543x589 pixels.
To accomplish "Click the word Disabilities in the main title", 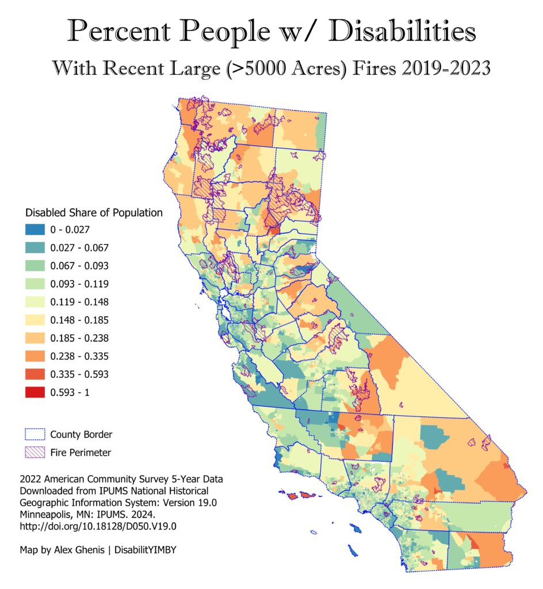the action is (x=402, y=31).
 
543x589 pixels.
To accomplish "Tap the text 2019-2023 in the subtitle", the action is (x=446, y=68).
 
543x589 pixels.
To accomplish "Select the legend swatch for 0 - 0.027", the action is (x=35, y=230).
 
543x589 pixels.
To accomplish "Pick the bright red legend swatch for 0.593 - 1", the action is (x=35, y=392).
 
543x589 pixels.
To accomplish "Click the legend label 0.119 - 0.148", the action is (x=79, y=302).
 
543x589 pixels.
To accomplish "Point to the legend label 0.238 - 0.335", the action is (x=79, y=356).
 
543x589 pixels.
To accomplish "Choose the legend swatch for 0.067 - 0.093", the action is (x=35, y=266).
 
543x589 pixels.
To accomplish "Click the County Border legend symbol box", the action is (x=35, y=434).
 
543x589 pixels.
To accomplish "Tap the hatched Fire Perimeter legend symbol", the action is (x=35, y=452).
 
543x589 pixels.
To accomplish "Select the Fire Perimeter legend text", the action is (x=81, y=452).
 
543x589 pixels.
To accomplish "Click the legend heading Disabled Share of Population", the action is (x=94, y=213).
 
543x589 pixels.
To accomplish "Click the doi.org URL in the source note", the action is (x=98, y=526).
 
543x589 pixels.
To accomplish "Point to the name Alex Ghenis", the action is (x=79, y=550).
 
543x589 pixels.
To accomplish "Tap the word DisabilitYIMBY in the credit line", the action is (x=146, y=550).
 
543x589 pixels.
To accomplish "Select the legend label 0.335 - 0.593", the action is (x=79, y=374).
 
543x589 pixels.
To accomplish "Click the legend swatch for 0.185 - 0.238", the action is (x=35, y=338).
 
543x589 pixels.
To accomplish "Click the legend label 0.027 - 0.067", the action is (x=79, y=248).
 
